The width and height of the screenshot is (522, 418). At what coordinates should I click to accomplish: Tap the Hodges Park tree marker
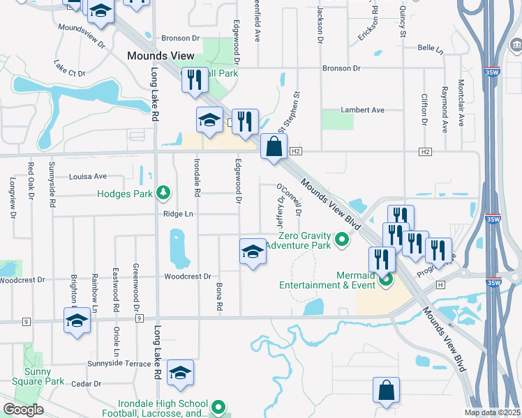click(164, 191)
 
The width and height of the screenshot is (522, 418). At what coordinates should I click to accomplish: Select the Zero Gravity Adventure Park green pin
click(342, 240)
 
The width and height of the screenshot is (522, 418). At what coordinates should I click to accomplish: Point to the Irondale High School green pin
click(218, 406)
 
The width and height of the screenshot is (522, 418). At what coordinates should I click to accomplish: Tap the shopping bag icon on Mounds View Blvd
click(274, 147)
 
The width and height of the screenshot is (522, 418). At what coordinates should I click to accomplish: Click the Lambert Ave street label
click(362, 110)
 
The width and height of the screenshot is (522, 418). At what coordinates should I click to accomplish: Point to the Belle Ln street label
click(430, 50)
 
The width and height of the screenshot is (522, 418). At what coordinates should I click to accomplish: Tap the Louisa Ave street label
click(88, 176)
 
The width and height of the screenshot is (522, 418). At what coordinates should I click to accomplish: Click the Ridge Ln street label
click(178, 214)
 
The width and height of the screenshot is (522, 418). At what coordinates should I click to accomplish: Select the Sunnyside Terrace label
click(119, 364)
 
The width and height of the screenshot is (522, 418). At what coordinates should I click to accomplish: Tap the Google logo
click(23, 410)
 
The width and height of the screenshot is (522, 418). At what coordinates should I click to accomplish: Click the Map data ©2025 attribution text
click(492, 412)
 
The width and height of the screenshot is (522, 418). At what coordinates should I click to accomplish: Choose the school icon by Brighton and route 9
click(77, 322)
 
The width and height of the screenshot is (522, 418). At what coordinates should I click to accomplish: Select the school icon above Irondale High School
click(180, 373)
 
